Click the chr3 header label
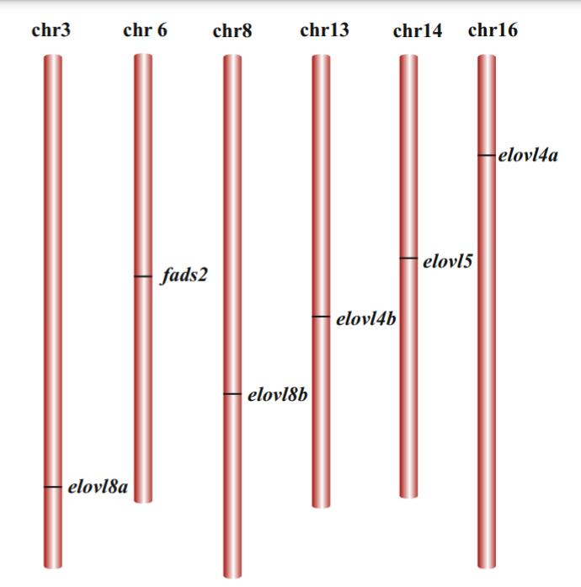click(51, 30)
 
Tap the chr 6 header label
click(145, 30)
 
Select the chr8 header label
click(232, 30)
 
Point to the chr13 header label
click(324, 30)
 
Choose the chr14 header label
click(418, 30)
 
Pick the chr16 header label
click(493, 30)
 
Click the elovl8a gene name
click(98, 487)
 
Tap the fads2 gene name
click(184, 275)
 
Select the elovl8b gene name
click(277, 395)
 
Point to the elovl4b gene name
click(365, 319)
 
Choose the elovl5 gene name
click(447, 261)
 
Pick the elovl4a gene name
click(528, 155)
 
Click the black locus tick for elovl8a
click(53, 487)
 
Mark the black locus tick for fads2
click(143, 276)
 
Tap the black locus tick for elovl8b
click(232, 394)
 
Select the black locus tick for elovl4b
click(321, 317)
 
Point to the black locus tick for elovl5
click(408, 259)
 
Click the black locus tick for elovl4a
click(487, 155)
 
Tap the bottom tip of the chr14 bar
click(408, 498)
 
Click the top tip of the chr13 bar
click(321, 55)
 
